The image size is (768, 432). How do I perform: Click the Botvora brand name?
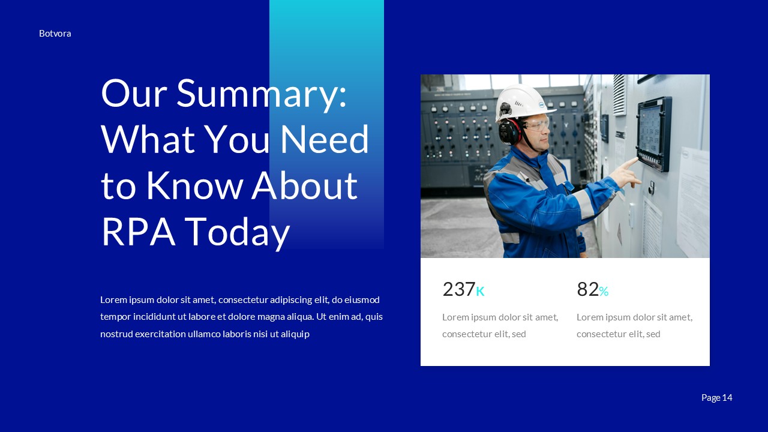55,34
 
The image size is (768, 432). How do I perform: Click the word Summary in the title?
261,94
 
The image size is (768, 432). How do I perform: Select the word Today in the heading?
237,233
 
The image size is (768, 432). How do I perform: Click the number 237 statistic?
458,289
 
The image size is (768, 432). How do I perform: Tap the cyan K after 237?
480,292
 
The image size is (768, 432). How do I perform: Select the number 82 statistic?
587,289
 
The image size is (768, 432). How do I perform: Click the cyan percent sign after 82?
604,292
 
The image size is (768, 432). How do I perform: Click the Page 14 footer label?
716,397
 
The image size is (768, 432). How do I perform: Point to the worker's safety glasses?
538,125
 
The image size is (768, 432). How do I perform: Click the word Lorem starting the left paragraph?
113,299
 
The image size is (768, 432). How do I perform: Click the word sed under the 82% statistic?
653,334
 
